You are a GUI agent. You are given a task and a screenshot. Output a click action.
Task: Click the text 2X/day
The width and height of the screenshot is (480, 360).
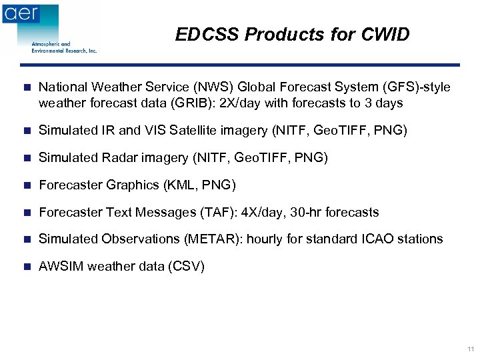click(x=241, y=103)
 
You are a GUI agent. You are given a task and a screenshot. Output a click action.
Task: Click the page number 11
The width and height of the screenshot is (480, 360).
click(x=471, y=349)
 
